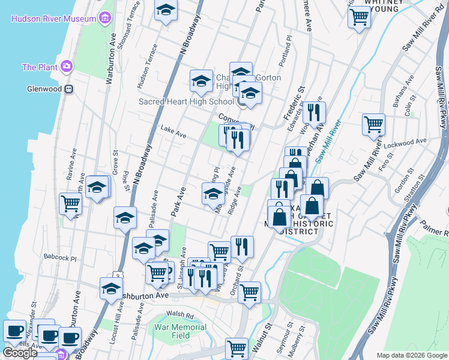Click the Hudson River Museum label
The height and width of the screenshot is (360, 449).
[53, 19]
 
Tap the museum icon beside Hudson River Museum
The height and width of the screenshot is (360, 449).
[106, 18]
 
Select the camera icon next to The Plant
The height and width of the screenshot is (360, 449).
[66, 67]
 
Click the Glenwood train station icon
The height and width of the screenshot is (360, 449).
[69, 89]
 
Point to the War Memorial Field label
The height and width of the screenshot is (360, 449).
[180, 331]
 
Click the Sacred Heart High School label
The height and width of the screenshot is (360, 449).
[186, 101]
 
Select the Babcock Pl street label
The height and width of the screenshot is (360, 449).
[60, 257]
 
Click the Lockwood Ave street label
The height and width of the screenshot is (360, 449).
[410, 142]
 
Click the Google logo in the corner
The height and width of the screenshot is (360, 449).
[20, 352]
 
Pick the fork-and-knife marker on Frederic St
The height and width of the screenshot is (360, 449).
[314, 112]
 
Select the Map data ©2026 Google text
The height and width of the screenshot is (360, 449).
[412, 355]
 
